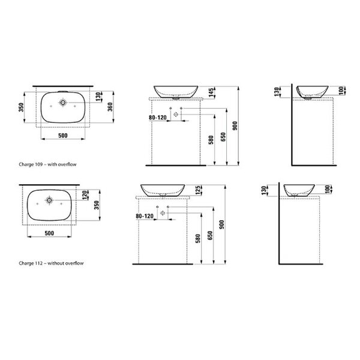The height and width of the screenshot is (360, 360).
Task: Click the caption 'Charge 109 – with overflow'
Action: (x=47, y=164)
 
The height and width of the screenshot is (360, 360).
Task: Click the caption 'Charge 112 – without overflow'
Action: (x=51, y=263)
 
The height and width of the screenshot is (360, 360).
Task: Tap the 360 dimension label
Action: (x=110, y=107)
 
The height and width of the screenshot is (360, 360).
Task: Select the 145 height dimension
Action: (x=211, y=92)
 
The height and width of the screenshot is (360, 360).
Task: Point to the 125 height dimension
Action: (x=198, y=190)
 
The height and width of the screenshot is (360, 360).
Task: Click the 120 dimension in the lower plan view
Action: (x=85, y=195)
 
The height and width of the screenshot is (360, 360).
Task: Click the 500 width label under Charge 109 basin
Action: (x=63, y=136)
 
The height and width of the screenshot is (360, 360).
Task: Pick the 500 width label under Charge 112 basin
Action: (x=49, y=233)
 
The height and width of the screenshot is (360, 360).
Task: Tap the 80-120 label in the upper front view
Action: (x=158, y=118)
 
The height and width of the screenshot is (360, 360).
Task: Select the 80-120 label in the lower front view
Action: (x=145, y=216)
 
